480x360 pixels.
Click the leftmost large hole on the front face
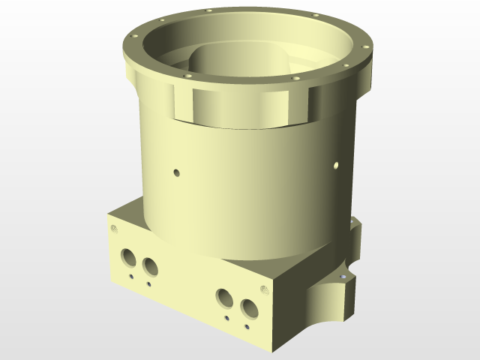[x=127, y=256]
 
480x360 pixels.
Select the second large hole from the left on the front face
[x=151, y=266]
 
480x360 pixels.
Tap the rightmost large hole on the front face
[x=248, y=308]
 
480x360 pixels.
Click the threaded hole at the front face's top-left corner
[x=114, y=229]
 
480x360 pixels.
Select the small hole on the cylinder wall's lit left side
[x=177, y=172]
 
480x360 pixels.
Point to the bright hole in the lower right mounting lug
[x=343, y=277]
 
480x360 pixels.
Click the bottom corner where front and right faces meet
[x=279, y=349]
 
